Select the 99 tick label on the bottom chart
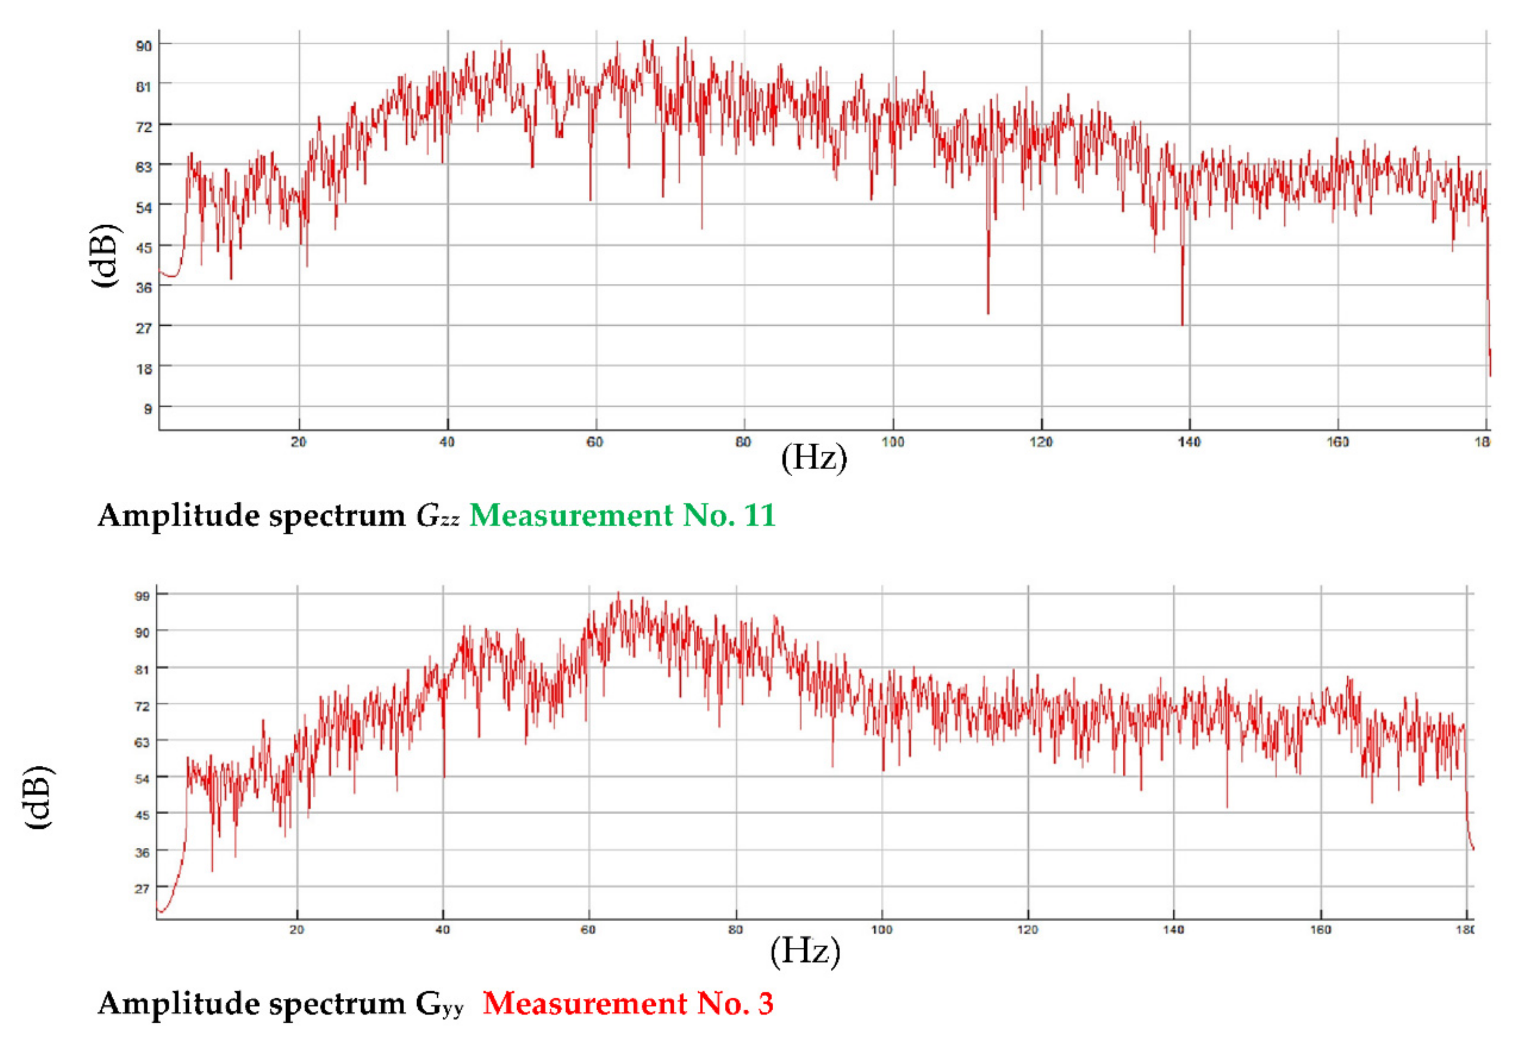click(x=142, y=596)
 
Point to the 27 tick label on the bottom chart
click(x=142, y=889)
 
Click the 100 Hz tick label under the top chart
click(x=892, y=442)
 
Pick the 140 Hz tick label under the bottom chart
click(x=1173, y=929)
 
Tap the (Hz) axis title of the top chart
click(x=813, y=458)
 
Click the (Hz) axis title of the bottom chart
click(x=805, y=951)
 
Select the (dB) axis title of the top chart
click(x=105, y=255)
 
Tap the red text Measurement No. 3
click(x=628, y=1003)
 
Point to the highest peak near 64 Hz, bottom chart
click(x=618, y=594)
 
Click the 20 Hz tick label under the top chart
click(x=298, y=442)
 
